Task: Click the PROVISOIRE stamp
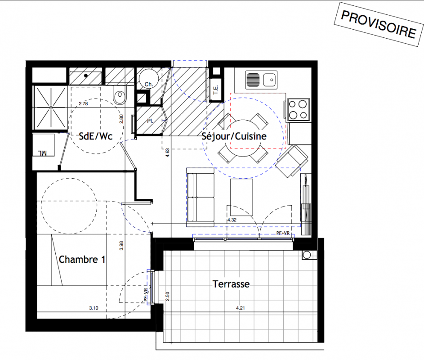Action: (379, 24)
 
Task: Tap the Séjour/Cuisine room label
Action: (234, 136)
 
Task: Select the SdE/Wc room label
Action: (95, 136)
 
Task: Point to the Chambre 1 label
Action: (82, 259)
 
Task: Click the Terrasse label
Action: (231, 284)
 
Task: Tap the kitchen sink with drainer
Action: (261, 80)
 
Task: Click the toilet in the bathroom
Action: (120, 96)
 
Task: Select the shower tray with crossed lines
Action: (50, 108)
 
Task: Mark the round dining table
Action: (242, 138)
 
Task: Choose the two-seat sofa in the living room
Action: (200, 197)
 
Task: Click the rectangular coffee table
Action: (241, 197)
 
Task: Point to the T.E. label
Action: (216, 90)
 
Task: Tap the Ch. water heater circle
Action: (149, 78)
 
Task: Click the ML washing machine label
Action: (42, 153)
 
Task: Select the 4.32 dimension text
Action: (232, 220)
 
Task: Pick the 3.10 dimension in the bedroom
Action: (94, 308)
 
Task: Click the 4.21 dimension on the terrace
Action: (241, 308)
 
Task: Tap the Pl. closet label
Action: (150, 121)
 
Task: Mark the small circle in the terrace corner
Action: (307, 255)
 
